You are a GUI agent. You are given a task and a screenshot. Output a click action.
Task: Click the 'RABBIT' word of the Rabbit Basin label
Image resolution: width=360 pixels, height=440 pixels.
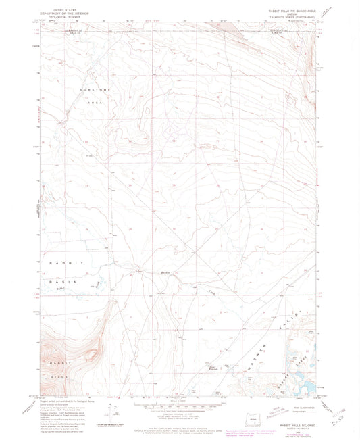55,261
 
